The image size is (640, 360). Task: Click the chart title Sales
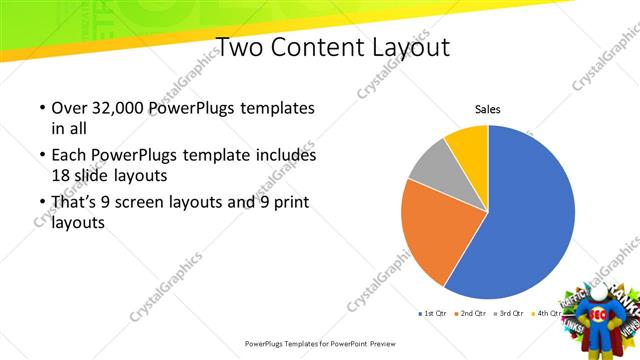coord(487,109)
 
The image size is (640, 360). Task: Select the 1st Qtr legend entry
coord(432,313)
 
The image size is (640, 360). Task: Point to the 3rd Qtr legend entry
coord(509,313)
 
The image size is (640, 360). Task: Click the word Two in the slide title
coord(237,47)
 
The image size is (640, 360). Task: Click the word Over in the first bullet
coord(68,108)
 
